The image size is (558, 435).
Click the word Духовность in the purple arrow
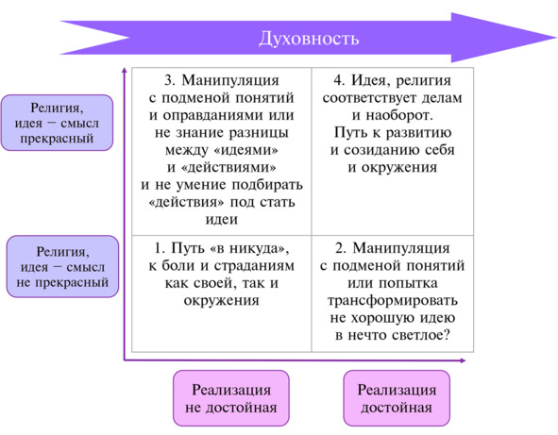(309, 39)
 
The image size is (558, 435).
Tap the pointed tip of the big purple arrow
(556, 37)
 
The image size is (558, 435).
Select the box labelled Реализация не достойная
(231, 398)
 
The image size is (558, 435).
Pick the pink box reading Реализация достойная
(397, 398)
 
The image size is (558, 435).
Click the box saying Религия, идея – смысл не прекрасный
(62, 266)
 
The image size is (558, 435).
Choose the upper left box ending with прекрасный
(57, 123)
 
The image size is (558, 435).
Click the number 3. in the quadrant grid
(169, 80)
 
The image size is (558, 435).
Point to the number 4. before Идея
(339, 80)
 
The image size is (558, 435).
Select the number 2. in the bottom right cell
(341, 248)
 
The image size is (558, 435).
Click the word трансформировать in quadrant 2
(393, 301)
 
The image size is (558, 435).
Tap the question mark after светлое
(447, 335)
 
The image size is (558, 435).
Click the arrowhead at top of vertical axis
(125, 71)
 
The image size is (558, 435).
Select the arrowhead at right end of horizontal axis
(463, 360)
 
